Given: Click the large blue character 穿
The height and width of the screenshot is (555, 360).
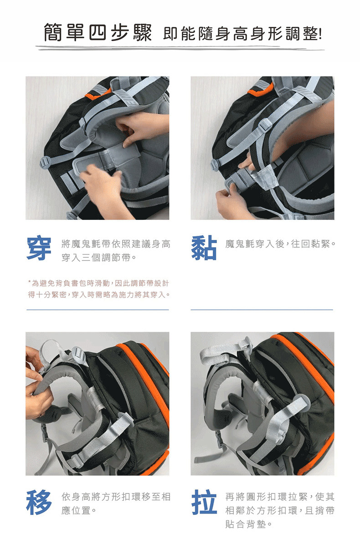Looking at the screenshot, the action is point(39,249).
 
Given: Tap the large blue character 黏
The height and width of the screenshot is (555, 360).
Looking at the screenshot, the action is point(204,248).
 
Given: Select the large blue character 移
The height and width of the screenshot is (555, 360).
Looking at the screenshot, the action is point(39,502).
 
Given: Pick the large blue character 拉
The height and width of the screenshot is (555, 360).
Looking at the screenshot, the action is point(204,502).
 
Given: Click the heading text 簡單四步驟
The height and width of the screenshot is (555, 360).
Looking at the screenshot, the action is point(98,32).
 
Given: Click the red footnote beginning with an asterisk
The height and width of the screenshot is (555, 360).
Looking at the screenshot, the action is point(99,289).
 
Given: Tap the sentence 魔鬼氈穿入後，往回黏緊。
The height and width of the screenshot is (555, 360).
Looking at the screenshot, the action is point(280,244).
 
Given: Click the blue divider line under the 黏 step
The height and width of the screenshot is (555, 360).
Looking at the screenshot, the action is point(262,310).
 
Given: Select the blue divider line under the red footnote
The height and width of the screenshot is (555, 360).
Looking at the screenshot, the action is point(98,310).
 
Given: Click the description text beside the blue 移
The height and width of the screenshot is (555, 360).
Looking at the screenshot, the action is point(116,504).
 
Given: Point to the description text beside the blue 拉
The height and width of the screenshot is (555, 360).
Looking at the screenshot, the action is point(280,510).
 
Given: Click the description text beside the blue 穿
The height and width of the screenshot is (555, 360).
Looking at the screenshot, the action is point(116,251).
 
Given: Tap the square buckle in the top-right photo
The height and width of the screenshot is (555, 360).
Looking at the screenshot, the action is point(265,125).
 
